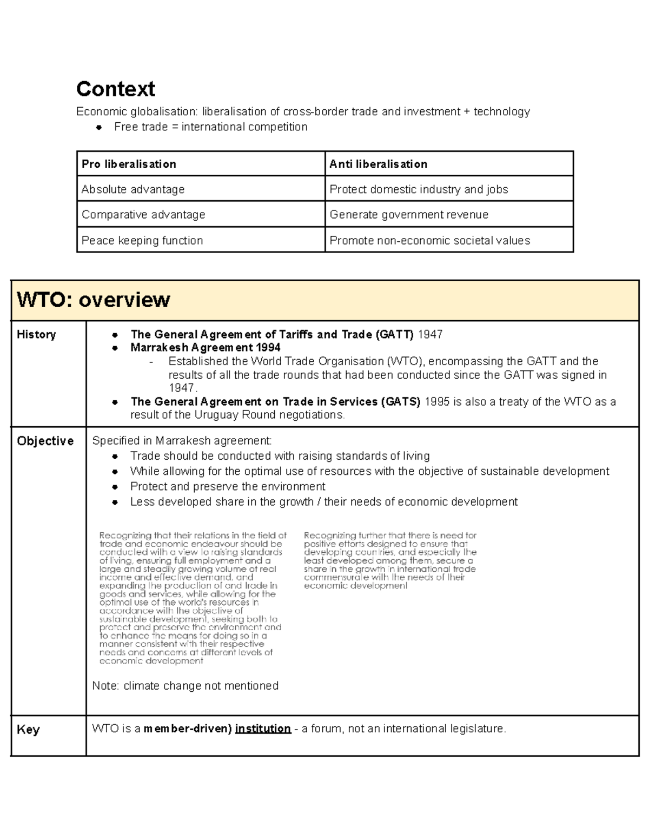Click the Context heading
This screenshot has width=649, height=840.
pyautogui.click(x=116, y=89)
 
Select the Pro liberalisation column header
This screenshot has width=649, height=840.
pyautogui.click(x=129, y=164)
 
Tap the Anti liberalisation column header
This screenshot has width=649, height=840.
pyautogui.click(x=378, y=164)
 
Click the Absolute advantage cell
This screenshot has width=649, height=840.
pyautogui.click(x=133, y=189)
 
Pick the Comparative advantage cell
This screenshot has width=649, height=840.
pyautogui.click(x=143, y=215)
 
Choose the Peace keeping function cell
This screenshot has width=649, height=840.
pyautogui.click(x=142, y=240)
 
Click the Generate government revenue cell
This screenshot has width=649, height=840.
pyautogui.click(x=409, y=215)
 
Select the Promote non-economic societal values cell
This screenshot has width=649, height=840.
pyautogui.click(x=430, y=240)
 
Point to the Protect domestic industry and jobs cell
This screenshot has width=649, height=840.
pyautogui.click(x=419, y=189)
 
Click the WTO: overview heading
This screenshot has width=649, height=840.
pyautogui.click(x=94, y=300)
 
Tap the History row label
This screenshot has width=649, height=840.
pyautogui.click(x=36, y=334)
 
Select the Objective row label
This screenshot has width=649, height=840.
pyautogui.click(x=45, y=441)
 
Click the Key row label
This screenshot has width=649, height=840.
pyautogui.click(x=28, y=730)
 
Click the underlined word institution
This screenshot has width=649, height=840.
pyautogui.click(x=263, y=729)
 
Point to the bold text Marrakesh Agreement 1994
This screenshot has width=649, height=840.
pyautogui.click(x=206, y=347)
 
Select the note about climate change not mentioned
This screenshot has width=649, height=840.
pyautogui.click(x=186, y=686)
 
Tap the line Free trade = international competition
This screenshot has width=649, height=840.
pyautogui.click(x=211, y=127)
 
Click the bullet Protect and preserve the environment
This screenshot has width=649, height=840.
pyautogui.click(x=228, y=486)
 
